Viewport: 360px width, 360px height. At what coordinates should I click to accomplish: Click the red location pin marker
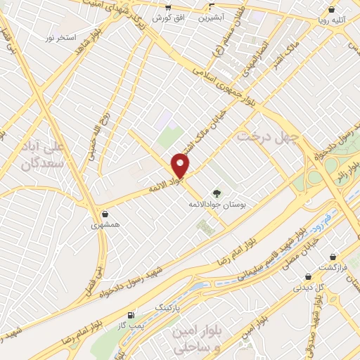(x=181, y=165)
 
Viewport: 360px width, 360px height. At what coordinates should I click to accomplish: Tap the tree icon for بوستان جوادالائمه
(x=217, y=193)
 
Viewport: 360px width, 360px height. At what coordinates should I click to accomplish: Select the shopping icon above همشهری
(x=105, y=214)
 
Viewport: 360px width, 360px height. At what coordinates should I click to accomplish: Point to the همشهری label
(x=105, y=226)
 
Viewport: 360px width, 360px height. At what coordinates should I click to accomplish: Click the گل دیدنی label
(x=308, y=287)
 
